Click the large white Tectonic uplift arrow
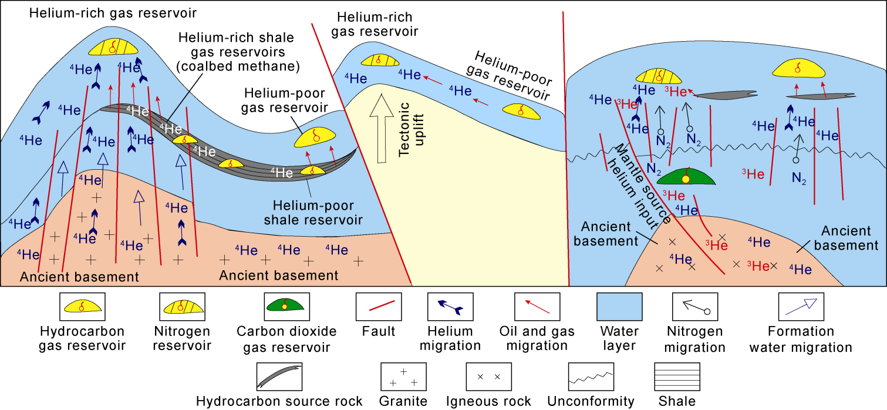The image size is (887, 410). [x=382, y=129]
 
